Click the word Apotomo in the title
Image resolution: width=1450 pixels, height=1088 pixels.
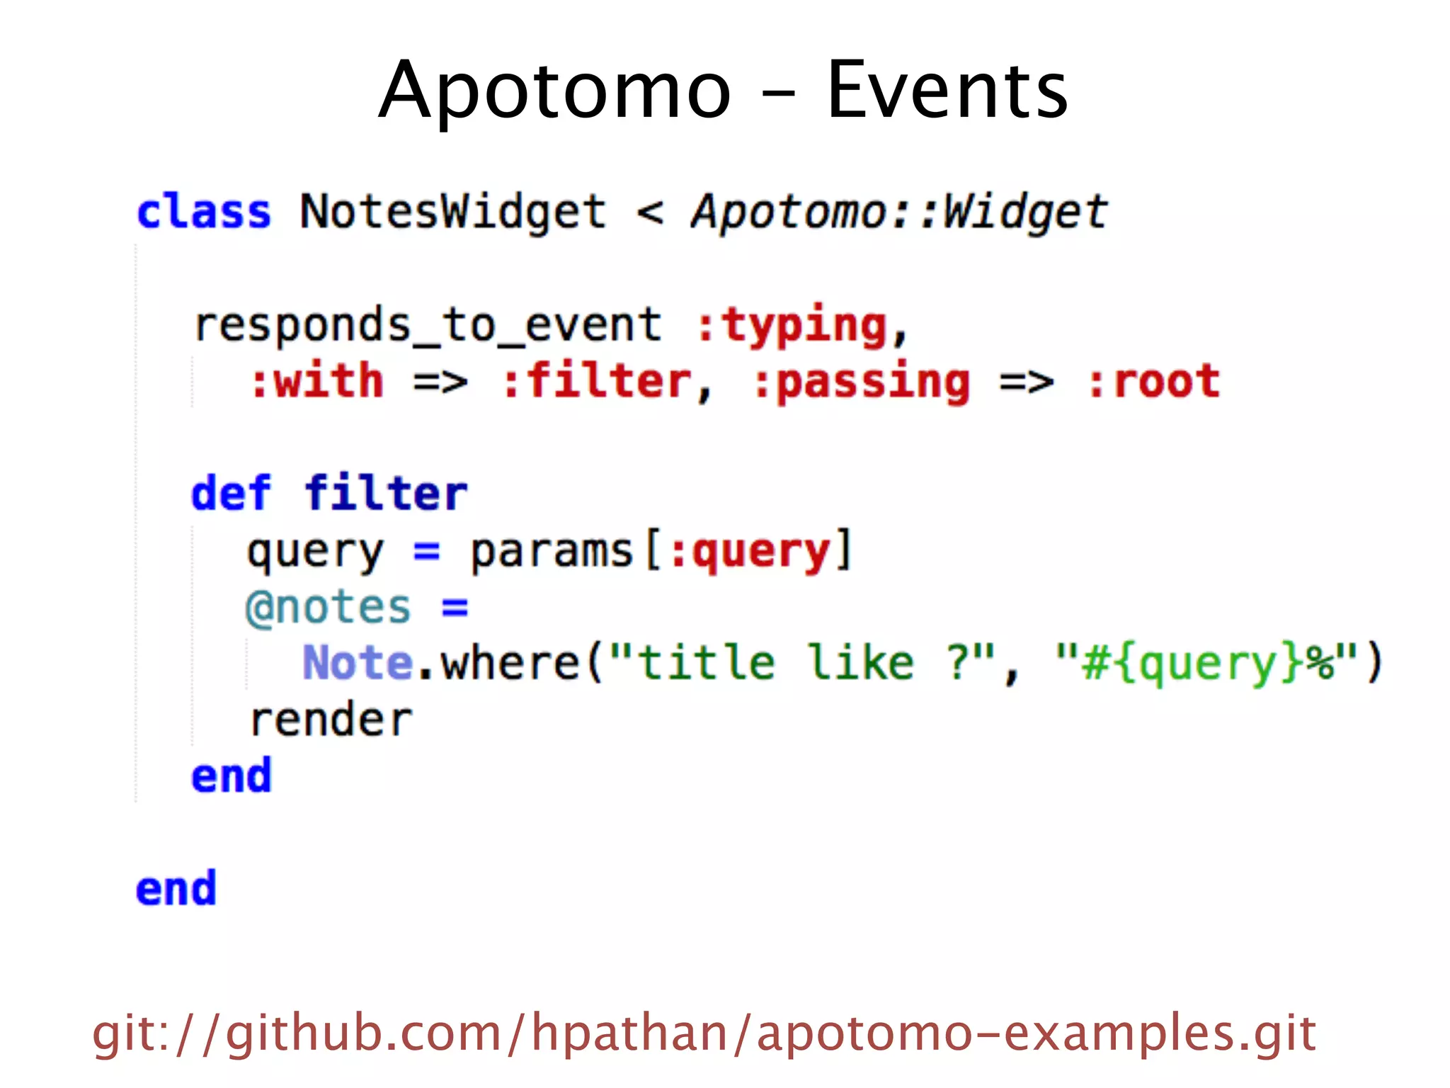point(554,91)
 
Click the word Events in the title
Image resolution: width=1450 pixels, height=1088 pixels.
point(947,91)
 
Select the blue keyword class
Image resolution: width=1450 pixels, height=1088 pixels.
point(204,212)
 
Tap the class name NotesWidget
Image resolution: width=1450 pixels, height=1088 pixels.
point(453,212)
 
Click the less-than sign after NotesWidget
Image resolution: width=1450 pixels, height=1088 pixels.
point(650,212)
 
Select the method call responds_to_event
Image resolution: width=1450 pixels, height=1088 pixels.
point(428,325)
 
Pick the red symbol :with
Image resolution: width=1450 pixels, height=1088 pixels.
point(317,382)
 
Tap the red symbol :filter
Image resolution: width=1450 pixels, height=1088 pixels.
point(597,382)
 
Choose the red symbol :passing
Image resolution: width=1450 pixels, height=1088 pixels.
point(861,382)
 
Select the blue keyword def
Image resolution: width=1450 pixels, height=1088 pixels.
point(231,493)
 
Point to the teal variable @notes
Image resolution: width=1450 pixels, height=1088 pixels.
point(329,608)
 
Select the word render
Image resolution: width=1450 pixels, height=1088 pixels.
point(331,720)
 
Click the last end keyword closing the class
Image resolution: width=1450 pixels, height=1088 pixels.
point(176,889)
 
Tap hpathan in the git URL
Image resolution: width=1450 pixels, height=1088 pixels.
point(630,1033)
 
